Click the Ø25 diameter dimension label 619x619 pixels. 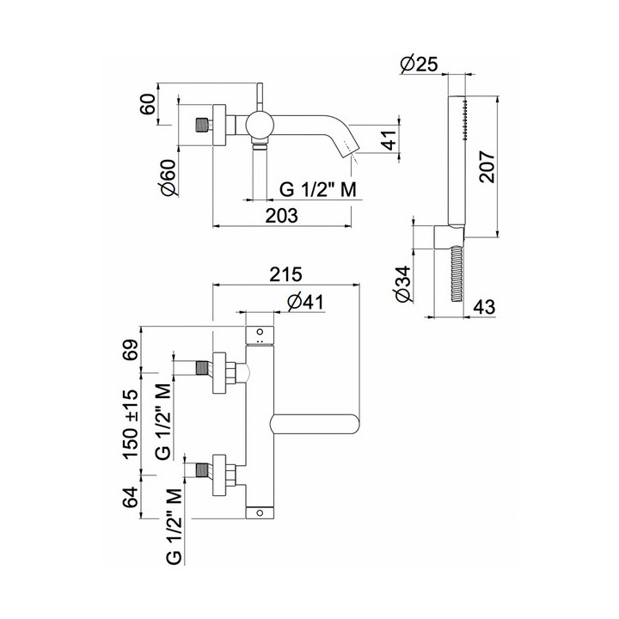tap(419, 64)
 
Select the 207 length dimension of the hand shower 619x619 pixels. tap(487, 167)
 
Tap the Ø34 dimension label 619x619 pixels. tap(402, 285)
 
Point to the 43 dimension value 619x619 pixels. tap(484, 307)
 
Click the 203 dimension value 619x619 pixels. tap(281, 216)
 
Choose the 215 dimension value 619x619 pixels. tap(285, 274)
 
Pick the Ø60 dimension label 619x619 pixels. tap(169, 177)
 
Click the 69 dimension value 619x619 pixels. tap(132, 349)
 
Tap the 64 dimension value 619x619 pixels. tap(132, 497)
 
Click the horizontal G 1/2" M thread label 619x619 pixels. tap(318, 189)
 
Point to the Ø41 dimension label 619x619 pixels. tap(305, 303)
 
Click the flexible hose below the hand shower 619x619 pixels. tap(456, 274)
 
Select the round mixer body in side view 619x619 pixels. tap(260, 126)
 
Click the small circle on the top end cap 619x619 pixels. tap(260, 331)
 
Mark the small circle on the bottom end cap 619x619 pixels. tap(260, 512)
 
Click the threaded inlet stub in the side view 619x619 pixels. tap(202, 126)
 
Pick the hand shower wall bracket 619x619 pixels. tap(448, 237)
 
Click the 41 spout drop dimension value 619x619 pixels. tap(389, 139)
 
